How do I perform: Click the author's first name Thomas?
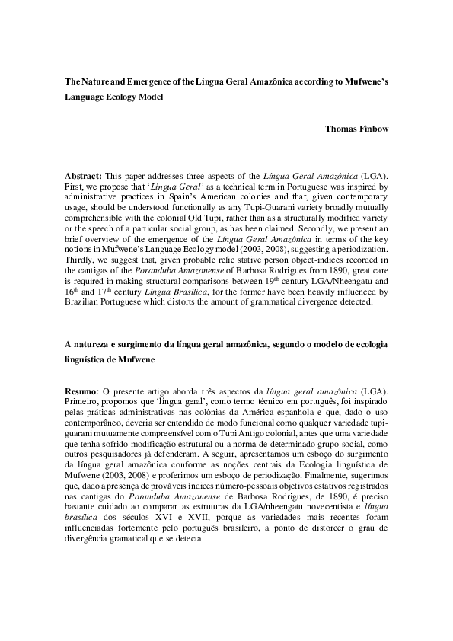341,128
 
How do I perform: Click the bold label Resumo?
81,390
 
